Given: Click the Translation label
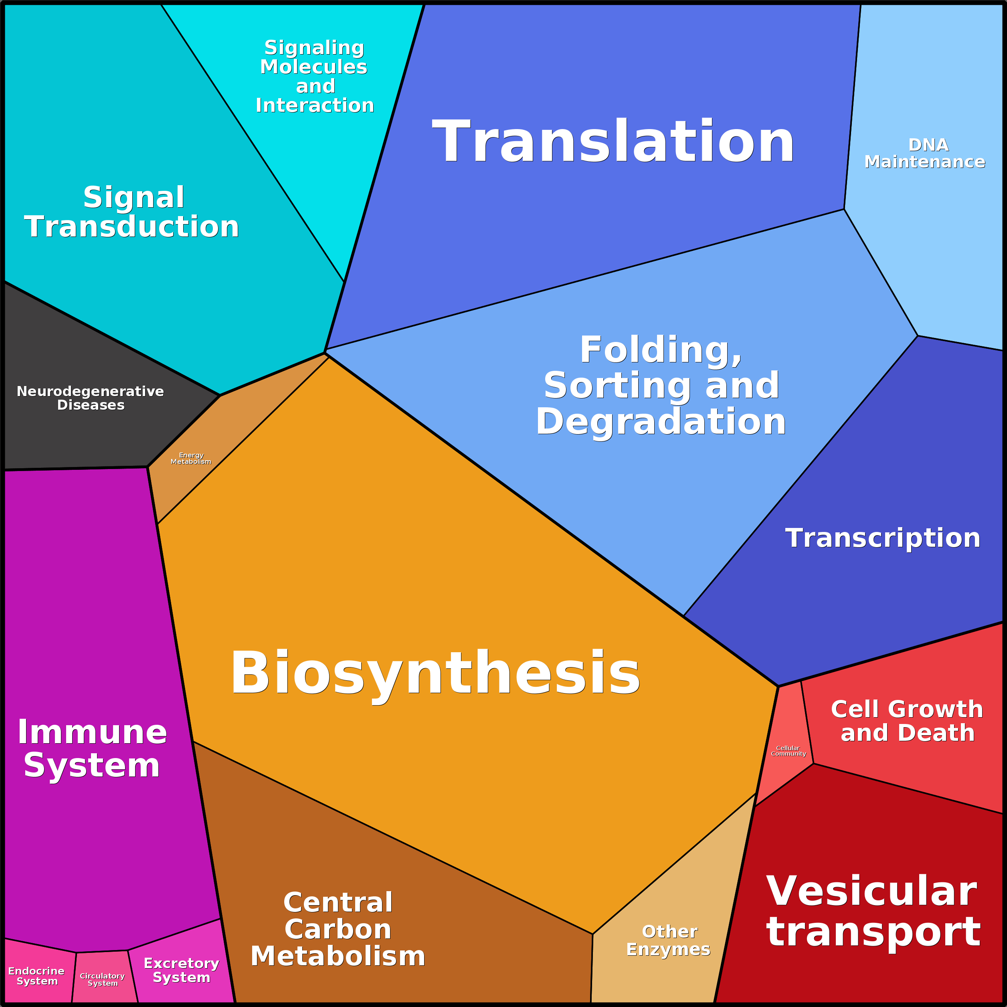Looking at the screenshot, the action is (613, 141).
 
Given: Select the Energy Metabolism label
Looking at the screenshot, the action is (191, 458).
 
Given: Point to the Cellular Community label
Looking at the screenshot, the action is (788, 750).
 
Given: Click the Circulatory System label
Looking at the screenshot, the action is (102, 979).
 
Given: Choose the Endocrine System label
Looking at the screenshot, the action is (36, 976).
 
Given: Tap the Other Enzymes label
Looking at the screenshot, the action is (668, 940).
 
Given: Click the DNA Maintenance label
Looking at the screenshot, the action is (925, 153).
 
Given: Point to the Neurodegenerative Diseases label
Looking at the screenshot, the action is (90, 398).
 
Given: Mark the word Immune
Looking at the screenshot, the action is (92, 732).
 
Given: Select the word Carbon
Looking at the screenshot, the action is (338, 929).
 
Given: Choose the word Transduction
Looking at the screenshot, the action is (131, 227).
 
